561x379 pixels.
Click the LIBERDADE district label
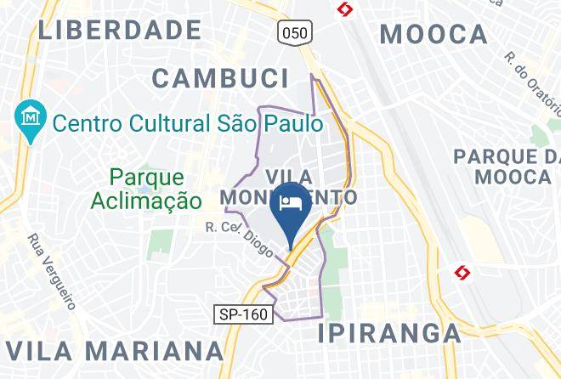120,30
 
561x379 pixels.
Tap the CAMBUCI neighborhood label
220,78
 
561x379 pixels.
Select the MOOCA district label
433,34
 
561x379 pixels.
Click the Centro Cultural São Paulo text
187,123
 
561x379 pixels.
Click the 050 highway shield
295,32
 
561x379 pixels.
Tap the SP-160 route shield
241,314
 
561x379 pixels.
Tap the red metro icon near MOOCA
344,9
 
